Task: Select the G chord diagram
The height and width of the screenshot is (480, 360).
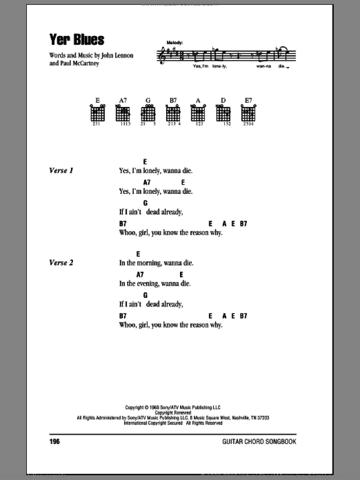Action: [x=149, y=113]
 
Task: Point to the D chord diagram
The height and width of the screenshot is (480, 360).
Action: [x=223, y=113]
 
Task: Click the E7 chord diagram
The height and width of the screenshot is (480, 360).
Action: [x=248, y=113]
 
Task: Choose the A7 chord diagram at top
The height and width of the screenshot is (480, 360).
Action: [x=122, y=113]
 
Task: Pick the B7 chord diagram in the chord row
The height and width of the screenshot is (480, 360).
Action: [x=173, y=113]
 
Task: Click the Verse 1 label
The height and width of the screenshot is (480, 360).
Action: [x=61, y=171]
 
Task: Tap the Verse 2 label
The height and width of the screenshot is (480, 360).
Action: [x=61, y=263]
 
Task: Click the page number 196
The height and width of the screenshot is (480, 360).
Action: [x=56, y=441]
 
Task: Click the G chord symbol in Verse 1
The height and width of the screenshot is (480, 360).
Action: [x=146, y=203]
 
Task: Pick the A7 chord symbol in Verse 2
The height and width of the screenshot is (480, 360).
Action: [x=140, y=275]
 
